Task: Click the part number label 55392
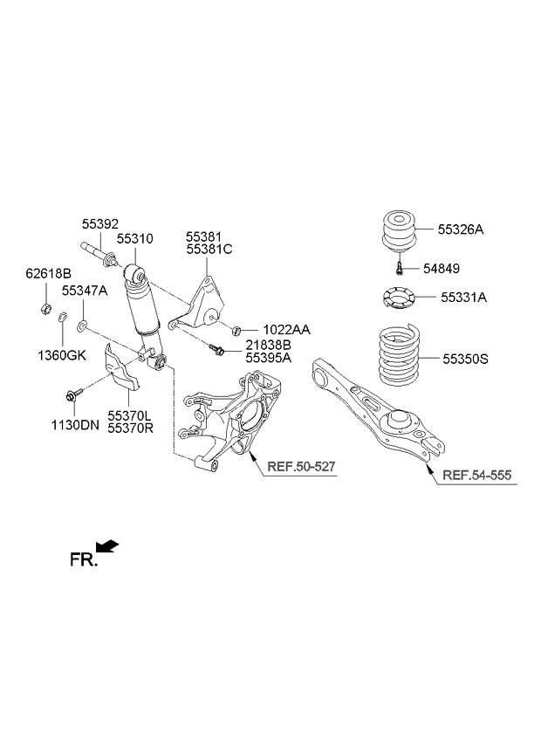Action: pyautogui.click(x=100, y=223)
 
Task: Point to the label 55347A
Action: pyautogui.click(x=85, y=291)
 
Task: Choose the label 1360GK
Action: pyautogui.click(x=61, y=355)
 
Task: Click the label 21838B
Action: pyautogui.click(x=269, y=346)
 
